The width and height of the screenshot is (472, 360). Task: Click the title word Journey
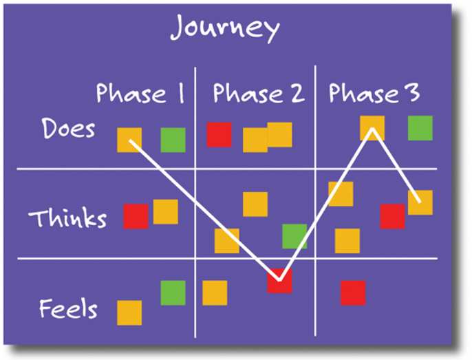click(224, 29)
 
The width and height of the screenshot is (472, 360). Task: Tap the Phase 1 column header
click(140, 93)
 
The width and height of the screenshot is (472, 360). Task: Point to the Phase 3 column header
click(374, 93)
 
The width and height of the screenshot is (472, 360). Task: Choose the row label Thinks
click(67, 218)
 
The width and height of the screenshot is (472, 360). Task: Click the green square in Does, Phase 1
click(173, 140)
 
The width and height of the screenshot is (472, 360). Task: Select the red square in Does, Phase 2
click(219, 134)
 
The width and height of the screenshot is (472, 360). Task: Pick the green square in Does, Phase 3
click(420, 128)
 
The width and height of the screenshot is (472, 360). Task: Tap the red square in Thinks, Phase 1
click(136, 216)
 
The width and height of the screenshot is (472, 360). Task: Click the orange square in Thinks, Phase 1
click(165, 212)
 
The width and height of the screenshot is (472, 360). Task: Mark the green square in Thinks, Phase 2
click(294, 236)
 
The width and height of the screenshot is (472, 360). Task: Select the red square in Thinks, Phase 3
click(392, 216)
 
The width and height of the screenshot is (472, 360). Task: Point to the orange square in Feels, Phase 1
click(129, 313)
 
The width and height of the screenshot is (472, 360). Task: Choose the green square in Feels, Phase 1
click(173, 293)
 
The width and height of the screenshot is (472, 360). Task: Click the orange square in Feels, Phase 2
click(215, 293)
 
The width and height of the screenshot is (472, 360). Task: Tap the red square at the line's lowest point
click(279, 281)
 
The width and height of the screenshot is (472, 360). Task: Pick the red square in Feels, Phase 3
click(353, 293)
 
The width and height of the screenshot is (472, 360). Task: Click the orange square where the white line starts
click(129, 140)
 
